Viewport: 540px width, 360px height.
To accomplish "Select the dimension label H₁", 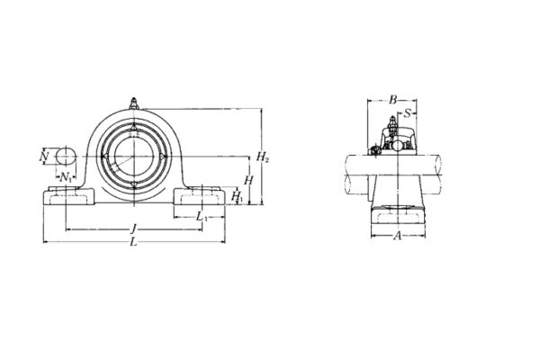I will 237,196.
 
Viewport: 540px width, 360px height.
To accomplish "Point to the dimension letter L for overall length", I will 134,243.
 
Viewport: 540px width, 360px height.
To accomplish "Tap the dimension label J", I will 133,229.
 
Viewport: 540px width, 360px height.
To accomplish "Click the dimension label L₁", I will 202,217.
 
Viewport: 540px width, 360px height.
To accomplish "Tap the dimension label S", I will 408,113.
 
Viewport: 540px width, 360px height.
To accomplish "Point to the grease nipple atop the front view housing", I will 134,103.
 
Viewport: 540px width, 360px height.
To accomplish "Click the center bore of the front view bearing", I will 134,157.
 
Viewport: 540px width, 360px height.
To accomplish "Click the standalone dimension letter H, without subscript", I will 248,181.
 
